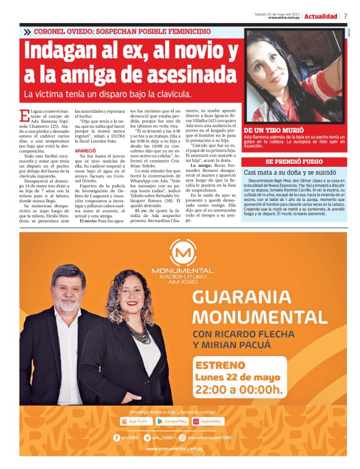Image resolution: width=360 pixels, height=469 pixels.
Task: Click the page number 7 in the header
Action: pos(345,16)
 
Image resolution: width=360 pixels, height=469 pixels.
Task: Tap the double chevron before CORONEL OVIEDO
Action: pos(27,32)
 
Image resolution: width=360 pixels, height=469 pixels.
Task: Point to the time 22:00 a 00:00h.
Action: pos(239,390)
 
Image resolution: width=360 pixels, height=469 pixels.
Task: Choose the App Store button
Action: pos(136,421)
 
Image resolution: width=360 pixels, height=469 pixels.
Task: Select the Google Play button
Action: pos(172,421)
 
